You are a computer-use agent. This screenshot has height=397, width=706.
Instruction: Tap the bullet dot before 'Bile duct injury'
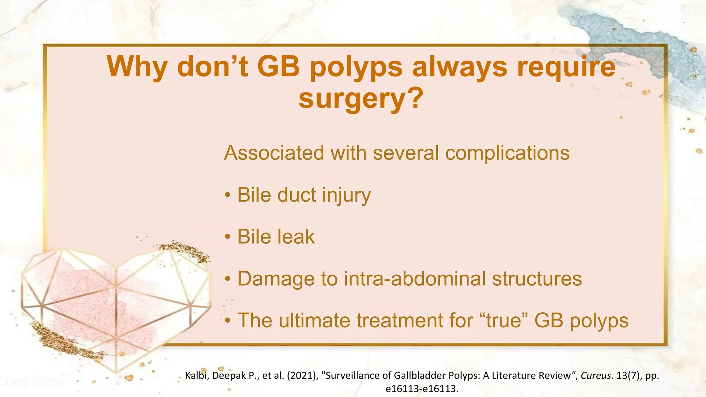(x=227, y=195)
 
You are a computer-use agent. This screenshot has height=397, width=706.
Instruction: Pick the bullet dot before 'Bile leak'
(x=227, y=237)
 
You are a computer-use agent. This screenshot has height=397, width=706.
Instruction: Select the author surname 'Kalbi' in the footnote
(x=196, y=375)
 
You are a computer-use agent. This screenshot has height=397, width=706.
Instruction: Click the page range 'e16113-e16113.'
(x=422, y=389)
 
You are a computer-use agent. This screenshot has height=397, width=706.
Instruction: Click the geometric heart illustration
(x=115, y=303)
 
